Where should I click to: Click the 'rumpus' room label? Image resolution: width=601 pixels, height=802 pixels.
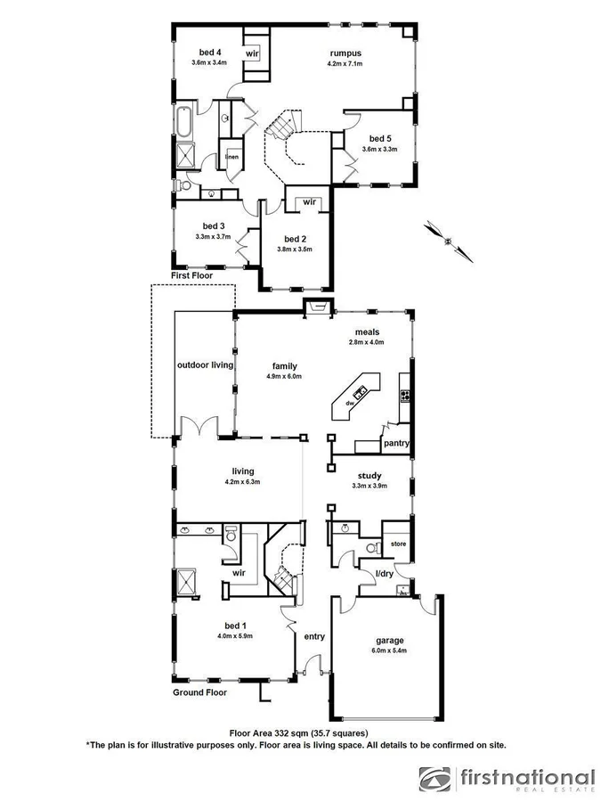pyautogui.click(x=345, y=53)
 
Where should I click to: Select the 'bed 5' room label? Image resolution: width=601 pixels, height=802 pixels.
pyautogui.click(x=380, y=138)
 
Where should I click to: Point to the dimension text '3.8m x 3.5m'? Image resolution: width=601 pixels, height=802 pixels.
pyautogui.click(x=295, y=250)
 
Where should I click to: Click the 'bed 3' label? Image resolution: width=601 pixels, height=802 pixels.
pyautogui.click(x=213, y=225)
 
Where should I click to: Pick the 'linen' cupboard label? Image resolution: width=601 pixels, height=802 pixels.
pyautogui.click(x=231, y=158)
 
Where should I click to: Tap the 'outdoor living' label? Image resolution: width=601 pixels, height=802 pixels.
pyautogui.click(x=204, y=365)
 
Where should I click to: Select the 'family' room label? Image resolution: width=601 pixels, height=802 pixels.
pyautogui.click(x=284, y=365)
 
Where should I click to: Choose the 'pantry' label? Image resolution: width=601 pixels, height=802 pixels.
pyautogui.click(x=395, y=443)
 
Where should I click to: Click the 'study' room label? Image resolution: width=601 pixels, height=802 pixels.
pyautogui.click(x=370, y=476)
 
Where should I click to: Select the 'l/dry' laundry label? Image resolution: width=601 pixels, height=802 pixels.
pyautogui.click(x=384, y=573)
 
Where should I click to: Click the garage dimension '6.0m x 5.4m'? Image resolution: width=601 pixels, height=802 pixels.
pyautogui.click(x=389, y=651)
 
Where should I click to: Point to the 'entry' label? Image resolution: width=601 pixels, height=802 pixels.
pyautogui.click(x=314, y=636)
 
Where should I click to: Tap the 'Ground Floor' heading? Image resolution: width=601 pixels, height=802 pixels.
pyautogui.click(x=200, y=692)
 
